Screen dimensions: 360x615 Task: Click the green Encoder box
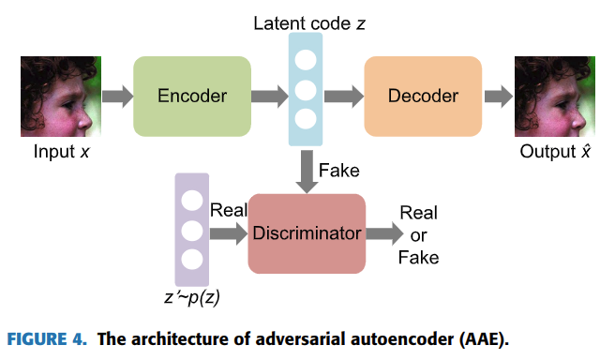(192, 96)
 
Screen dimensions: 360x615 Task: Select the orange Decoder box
(423, 96)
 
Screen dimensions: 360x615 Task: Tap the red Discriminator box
(307, 233)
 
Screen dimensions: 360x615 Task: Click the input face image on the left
(59, 97)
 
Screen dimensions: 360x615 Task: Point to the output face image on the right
(554, 97)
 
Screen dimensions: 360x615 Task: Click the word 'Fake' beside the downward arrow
(338, 171)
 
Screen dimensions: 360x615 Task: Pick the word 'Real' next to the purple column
(229, 210)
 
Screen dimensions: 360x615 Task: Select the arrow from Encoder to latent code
(270, 96)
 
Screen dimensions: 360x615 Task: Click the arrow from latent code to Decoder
(343, 96)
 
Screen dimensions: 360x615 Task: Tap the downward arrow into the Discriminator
(307, 172)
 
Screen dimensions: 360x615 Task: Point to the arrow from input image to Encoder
(117, 96)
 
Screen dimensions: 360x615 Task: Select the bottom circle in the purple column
(192, 259)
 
